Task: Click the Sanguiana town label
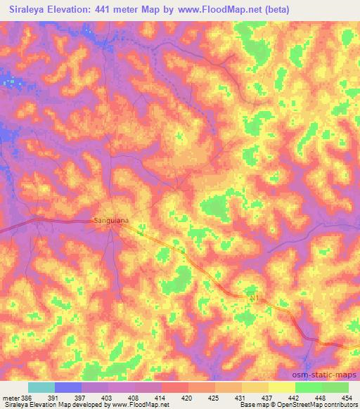(110, 221)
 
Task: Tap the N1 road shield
(254, 299)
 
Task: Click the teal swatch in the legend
(41, 387)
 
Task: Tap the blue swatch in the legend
(67, 387)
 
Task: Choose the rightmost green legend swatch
(335, 387)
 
